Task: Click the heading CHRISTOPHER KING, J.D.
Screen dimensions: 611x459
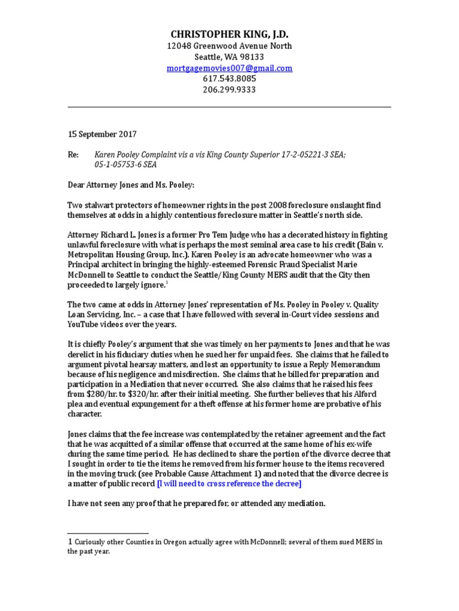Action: click(x=229, y=33)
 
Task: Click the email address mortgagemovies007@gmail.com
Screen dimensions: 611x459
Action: click(x=229, y=69)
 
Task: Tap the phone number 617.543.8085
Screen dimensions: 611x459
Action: click(x=229, y=79)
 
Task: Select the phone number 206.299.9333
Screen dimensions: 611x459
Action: click(x=229, y=90)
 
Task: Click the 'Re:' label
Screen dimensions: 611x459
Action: click(x=73, y=155)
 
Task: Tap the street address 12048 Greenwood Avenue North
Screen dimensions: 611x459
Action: click(x=229, y=47)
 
